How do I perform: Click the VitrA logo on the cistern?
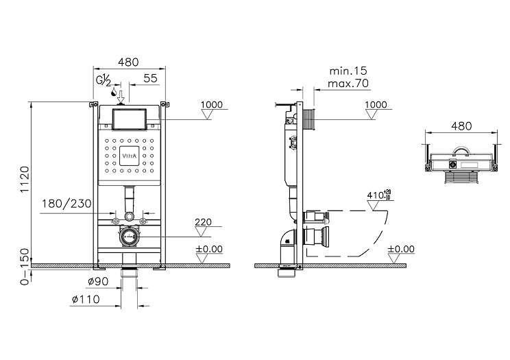130,156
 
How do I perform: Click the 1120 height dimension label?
25,180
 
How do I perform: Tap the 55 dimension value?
150,78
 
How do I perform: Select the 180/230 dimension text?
66,204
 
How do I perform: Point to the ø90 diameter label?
98,281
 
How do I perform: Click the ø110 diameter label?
86,299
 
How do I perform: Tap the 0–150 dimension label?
25,267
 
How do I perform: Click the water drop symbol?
114,91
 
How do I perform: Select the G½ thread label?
104,80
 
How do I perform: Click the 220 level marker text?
203,222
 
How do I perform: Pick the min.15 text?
348,71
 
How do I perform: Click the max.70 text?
348,84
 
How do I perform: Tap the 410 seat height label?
379,195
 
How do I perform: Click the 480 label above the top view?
461,126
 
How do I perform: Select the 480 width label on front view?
128,62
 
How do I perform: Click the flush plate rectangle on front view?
130,119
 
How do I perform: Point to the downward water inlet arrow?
121,97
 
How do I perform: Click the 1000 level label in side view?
376,105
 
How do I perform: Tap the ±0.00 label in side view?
402,250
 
